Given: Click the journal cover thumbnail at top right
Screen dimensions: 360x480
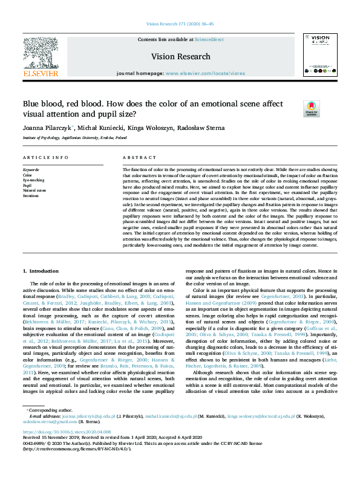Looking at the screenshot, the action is click(x=319, y=55).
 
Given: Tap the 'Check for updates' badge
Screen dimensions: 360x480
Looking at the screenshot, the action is click(x=311, y=109).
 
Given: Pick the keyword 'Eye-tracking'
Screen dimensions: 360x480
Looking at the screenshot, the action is click(x=34, y=180).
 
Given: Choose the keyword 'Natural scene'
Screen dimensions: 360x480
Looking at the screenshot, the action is click(x=35, y=190).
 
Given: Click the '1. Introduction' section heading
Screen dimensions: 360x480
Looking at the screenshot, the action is click(x=41, y=271).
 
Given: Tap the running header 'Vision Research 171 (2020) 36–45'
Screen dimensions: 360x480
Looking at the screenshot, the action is click(x=180, y=24).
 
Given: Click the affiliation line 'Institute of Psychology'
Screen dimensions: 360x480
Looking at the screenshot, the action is click(x=74, y=138).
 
